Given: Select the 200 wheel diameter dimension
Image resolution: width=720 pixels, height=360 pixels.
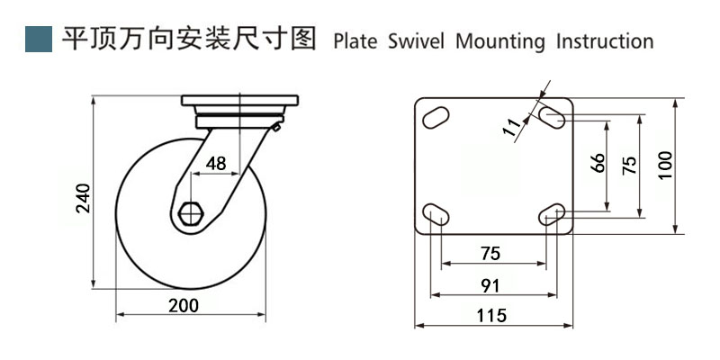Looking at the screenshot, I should coord(184,304).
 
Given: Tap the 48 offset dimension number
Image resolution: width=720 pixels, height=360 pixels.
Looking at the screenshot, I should coord(216,163).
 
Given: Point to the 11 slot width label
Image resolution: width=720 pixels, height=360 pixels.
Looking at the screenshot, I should coord(514,128).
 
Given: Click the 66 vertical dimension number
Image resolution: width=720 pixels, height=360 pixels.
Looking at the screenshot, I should coord(598,164).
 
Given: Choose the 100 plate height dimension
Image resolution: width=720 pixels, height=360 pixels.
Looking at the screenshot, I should coord(665,165).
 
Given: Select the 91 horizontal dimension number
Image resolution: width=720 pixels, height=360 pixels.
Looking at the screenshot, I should coord(490,285).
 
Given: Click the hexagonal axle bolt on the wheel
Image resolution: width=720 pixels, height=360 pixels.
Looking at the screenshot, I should coord(192,214).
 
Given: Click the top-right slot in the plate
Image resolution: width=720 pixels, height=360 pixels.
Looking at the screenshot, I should coord(553,116).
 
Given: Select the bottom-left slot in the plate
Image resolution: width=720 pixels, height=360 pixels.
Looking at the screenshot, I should coord(436,213).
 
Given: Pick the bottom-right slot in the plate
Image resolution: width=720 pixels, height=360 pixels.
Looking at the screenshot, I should coord(553,212).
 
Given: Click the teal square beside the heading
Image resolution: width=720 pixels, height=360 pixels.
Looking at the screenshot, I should coord(39,39).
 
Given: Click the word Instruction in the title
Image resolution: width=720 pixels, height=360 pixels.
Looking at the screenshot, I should coord(605,41).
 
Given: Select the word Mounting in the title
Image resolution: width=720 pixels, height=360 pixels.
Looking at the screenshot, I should coord(500,42).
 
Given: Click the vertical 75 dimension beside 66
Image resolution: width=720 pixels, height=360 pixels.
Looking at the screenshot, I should coord(630,164).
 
